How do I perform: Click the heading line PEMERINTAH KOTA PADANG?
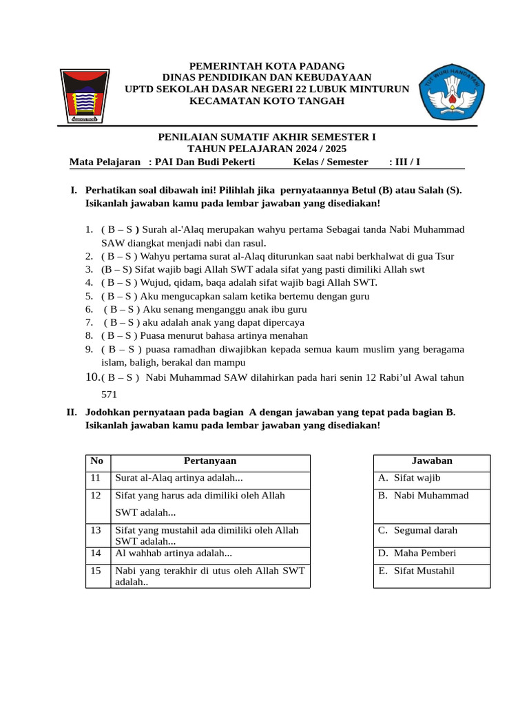pyautogui.click(x=267, y=65)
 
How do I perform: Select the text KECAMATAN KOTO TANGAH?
pyautogui.click(x=267, y=101)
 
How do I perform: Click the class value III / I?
pyautogui.click(x=404, y=162)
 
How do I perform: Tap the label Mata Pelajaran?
pyautogui.click(x=105, y=162)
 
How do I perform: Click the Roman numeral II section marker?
pyautogui.click(x=71, y=412)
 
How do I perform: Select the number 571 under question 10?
pyautogui.click(x=110, y=394)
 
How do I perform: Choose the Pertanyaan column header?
pyautogui.click(x=210, y=461)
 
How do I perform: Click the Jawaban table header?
pyautogui.click(x=432, y=461)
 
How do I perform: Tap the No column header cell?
pyautogui.click(x=97, y=461)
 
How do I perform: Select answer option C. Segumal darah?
pyautogui.click(x=417, y=530)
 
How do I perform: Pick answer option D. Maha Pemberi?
pyautogui.click(x=417, y=553)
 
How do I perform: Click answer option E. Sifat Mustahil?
pyautogui.click(x=416, y=571)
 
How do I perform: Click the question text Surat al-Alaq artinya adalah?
pyautogui.click(x=179, y=478)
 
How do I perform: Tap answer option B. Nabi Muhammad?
pyautogui.click(x=423, y=496)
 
